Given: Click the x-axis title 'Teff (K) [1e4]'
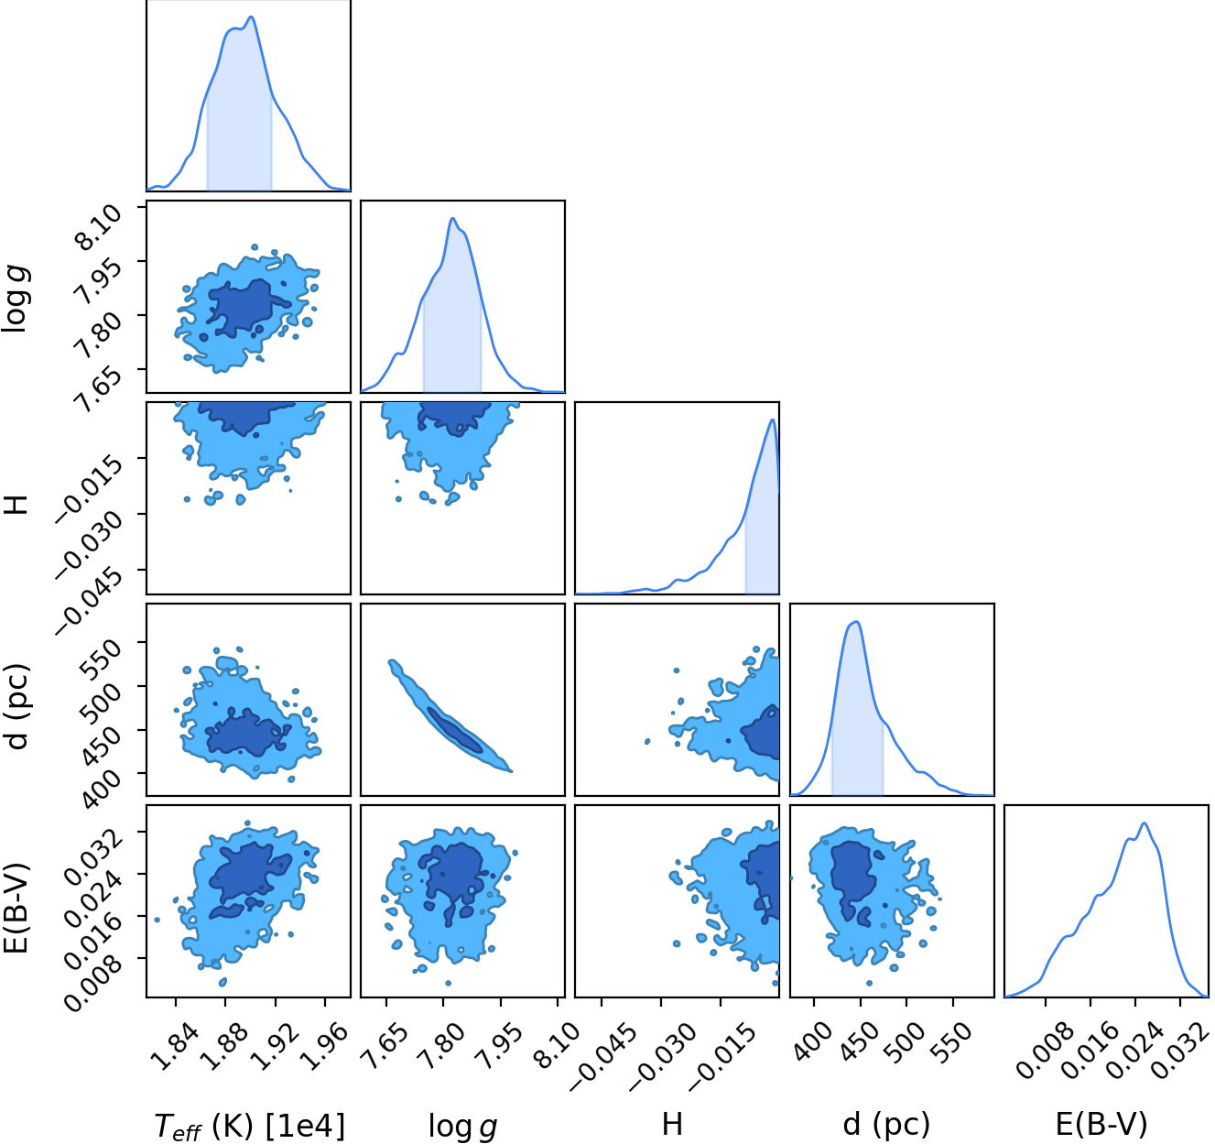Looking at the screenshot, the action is [x=250, y=1125].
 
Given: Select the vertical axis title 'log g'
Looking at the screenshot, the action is [x=16, y=297].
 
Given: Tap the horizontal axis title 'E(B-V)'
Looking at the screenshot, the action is [x=1101, y=1124].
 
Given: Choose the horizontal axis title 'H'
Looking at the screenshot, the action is [x=672, y=1124].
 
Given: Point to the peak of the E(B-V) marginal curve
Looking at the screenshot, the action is [x=1144, y=823].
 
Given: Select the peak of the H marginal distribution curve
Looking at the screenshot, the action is [x=773, y=419].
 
